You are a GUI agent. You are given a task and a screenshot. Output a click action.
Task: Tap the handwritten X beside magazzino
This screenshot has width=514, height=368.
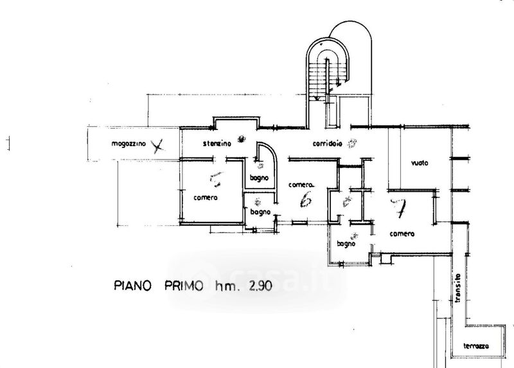(155, 145)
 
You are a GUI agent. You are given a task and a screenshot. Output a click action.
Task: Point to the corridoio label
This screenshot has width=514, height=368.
(327, 142)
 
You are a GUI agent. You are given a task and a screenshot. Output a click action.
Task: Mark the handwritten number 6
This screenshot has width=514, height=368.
(306, 201)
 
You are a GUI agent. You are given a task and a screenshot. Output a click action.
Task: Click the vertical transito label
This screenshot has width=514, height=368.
(459, 290)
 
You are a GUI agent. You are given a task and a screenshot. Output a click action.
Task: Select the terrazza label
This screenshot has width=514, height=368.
(476, 346)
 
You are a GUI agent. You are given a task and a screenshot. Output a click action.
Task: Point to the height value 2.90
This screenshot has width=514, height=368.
(256, 285)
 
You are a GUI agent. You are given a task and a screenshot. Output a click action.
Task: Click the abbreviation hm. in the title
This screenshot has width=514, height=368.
(222, 285)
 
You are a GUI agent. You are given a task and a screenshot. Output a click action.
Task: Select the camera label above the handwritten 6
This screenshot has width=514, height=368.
(301, 184)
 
